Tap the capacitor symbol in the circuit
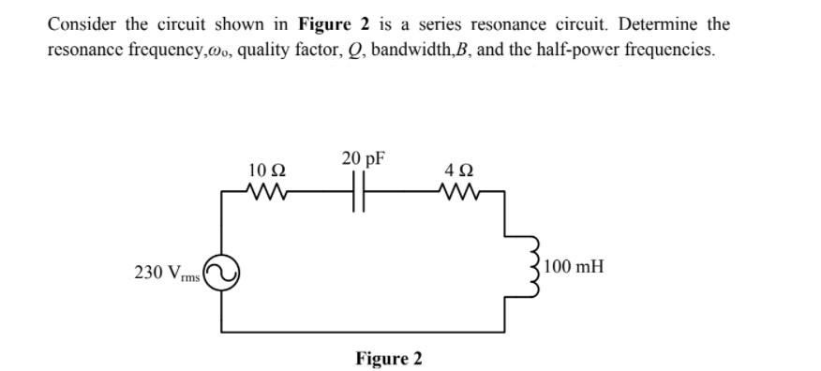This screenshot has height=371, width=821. coord(361,196)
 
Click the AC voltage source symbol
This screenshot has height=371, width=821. coord(223,272)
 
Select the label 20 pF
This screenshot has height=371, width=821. coord(364,158)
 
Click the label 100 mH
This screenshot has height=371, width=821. coord(574,267)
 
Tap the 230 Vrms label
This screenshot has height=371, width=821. coord(168,273)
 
